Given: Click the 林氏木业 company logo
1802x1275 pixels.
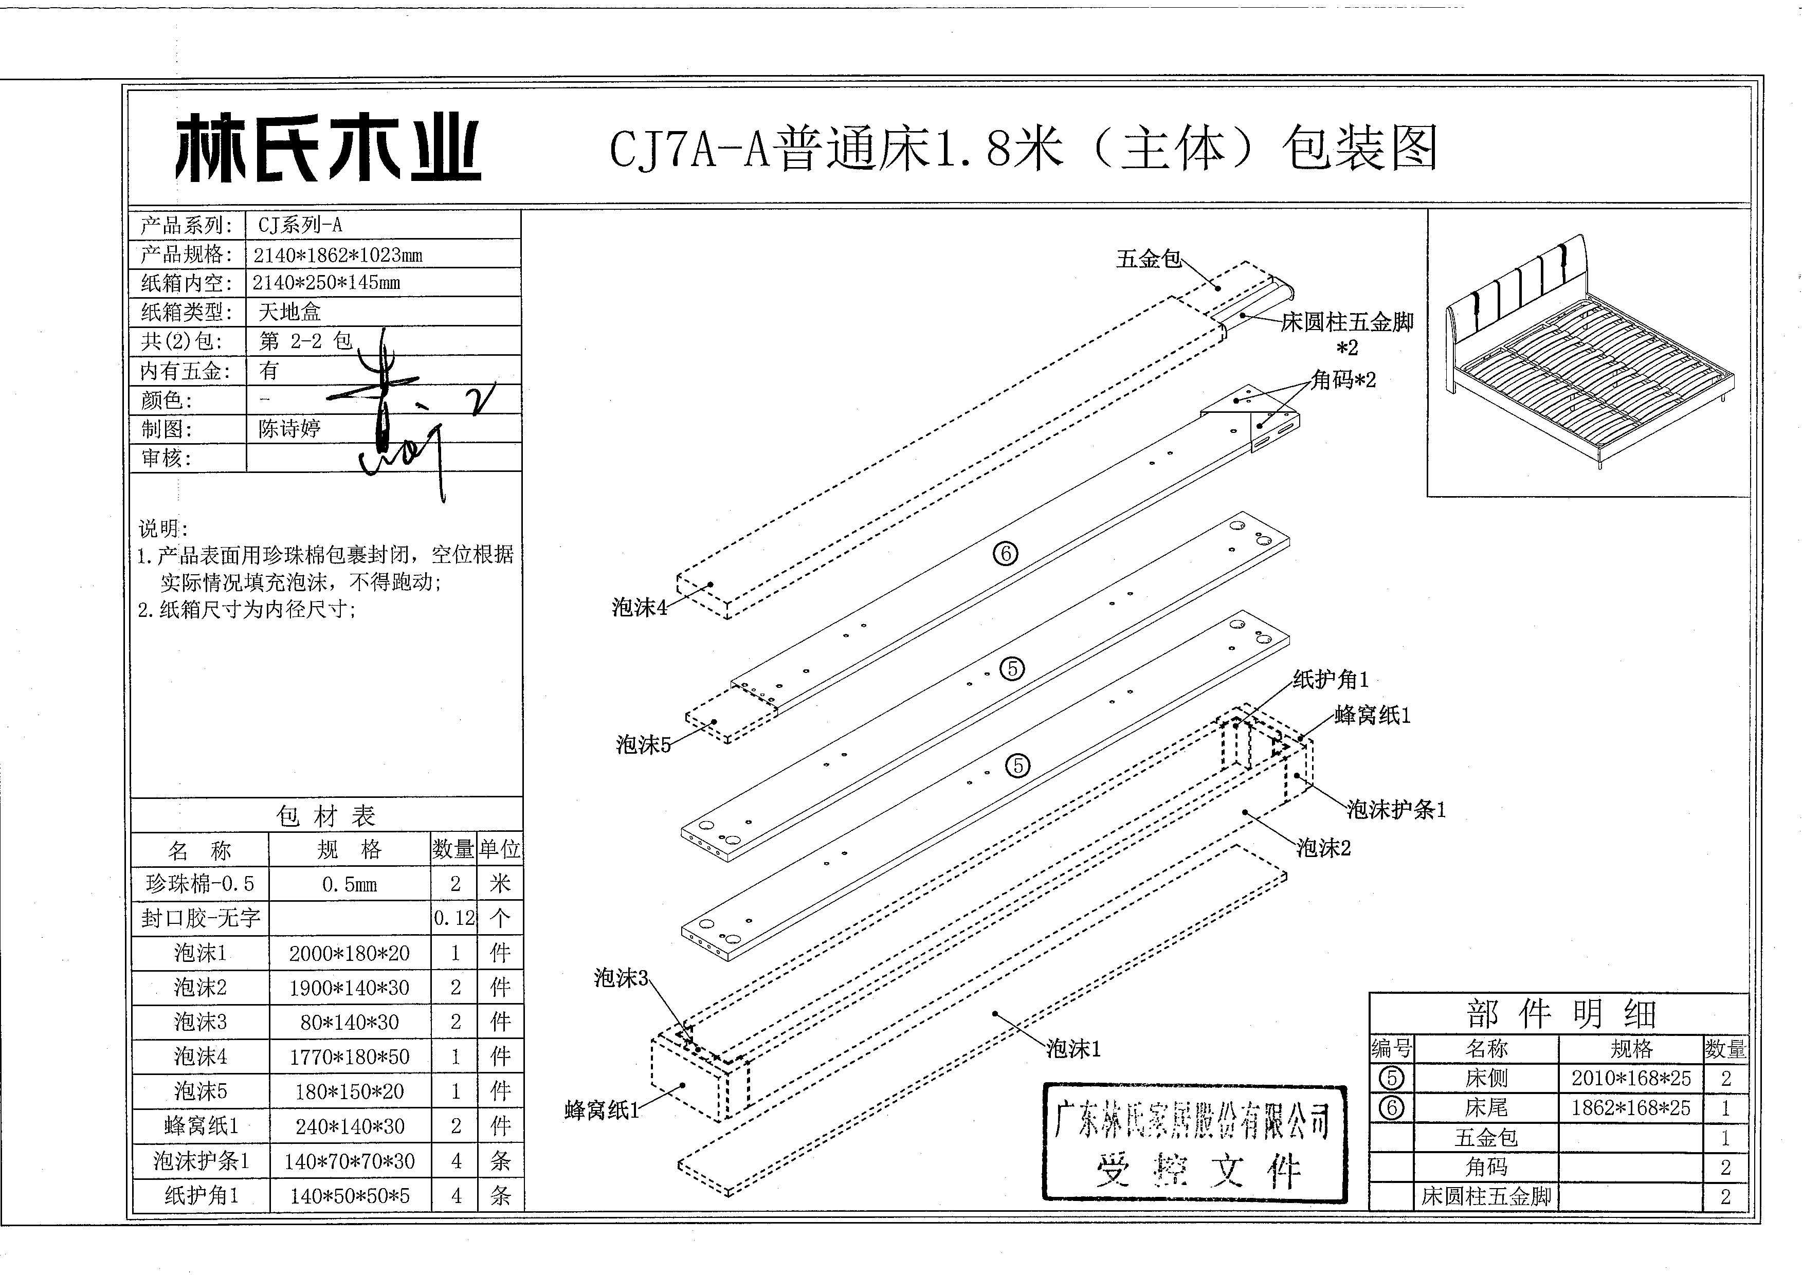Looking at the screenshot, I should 327,149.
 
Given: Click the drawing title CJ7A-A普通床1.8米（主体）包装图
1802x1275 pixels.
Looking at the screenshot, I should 1023,149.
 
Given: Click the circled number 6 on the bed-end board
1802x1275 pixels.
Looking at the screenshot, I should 1005,554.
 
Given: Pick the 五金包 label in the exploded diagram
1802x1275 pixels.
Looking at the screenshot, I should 1149,259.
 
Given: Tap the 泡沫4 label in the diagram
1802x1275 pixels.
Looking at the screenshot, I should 639,607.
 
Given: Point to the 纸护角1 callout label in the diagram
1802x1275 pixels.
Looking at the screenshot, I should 1330,680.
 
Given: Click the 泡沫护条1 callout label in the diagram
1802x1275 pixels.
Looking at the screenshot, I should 1396,809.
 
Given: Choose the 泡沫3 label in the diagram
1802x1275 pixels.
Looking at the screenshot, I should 621,978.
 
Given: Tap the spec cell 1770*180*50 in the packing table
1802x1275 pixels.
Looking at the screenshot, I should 350,1057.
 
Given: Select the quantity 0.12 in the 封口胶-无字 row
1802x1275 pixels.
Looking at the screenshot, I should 454,918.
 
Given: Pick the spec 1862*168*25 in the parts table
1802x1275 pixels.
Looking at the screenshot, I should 1630,1108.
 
